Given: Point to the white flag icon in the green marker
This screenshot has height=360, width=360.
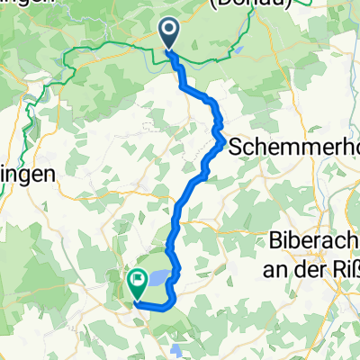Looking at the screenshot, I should pyautogui.click(x=138, y=281).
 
